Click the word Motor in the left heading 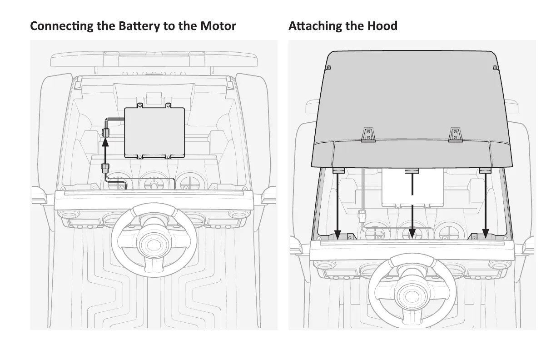218,26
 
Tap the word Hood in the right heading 382,26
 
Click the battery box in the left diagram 154,132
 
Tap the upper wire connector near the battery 105,133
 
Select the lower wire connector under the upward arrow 105,167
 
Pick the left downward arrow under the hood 338,205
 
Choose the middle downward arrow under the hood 412,205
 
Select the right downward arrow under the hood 486,205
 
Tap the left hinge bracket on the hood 368,135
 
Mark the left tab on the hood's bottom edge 338,170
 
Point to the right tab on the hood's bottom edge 485,170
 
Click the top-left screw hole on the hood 329,68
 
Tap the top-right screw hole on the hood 495,68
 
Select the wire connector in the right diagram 362,215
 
